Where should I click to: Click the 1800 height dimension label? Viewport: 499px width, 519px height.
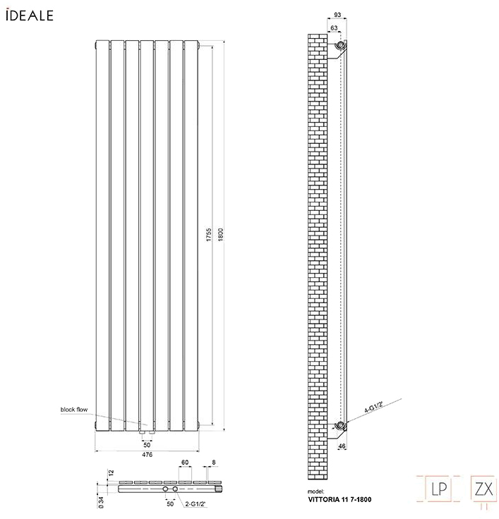220,235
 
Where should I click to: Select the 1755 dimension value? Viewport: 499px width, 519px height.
209,236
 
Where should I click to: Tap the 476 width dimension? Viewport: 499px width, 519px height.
147,456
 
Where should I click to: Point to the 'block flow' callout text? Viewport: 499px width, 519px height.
74,409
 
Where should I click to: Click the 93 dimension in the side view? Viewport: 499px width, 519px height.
337,15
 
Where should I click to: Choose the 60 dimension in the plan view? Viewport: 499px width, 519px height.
184,463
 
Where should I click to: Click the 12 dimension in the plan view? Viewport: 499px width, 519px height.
110,472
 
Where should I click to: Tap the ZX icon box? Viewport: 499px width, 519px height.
483,487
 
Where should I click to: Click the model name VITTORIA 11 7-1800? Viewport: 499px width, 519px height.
339,499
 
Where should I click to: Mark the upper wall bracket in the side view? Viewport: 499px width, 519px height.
341,47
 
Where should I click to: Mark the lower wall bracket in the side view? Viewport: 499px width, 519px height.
342,425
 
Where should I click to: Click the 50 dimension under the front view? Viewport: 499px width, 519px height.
147,445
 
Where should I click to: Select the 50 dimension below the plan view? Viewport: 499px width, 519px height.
169,505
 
